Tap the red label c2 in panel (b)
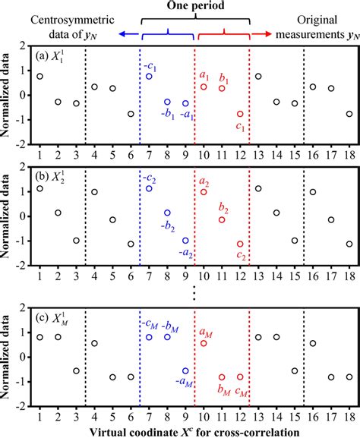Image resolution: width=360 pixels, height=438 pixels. coord(242,256)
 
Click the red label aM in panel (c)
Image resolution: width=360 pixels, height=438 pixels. coord(204,331)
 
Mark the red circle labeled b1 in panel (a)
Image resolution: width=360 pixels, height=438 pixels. coord(222,89)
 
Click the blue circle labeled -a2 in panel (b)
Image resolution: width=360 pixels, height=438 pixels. coord(185,240)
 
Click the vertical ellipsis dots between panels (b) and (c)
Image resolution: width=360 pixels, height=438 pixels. coord(195,291)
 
